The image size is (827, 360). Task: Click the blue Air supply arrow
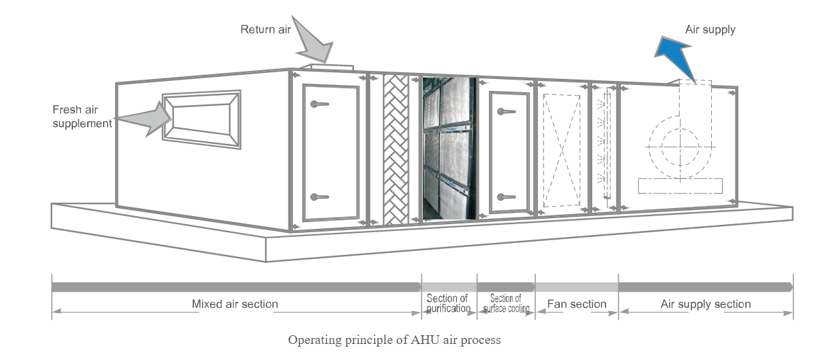coord(672,54)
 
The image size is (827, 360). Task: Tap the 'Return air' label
coord(266,30)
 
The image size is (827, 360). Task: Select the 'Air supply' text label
coord(710,29)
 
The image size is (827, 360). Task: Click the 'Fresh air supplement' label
coord(82,116)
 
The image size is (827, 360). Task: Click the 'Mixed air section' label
coord(234,304)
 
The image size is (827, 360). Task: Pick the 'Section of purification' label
coord(448,303)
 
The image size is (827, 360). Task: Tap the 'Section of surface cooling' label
coord(506,303)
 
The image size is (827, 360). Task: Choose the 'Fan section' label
coord(577,304)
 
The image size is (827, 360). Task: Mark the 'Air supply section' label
coord(705,304)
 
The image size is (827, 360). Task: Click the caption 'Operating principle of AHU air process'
coord(394,340)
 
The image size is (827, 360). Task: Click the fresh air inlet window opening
coord(201,120)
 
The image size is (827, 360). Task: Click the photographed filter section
coord(448,149)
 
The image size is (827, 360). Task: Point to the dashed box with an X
coord(561,151)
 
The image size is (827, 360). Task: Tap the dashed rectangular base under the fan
coord(680,185)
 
